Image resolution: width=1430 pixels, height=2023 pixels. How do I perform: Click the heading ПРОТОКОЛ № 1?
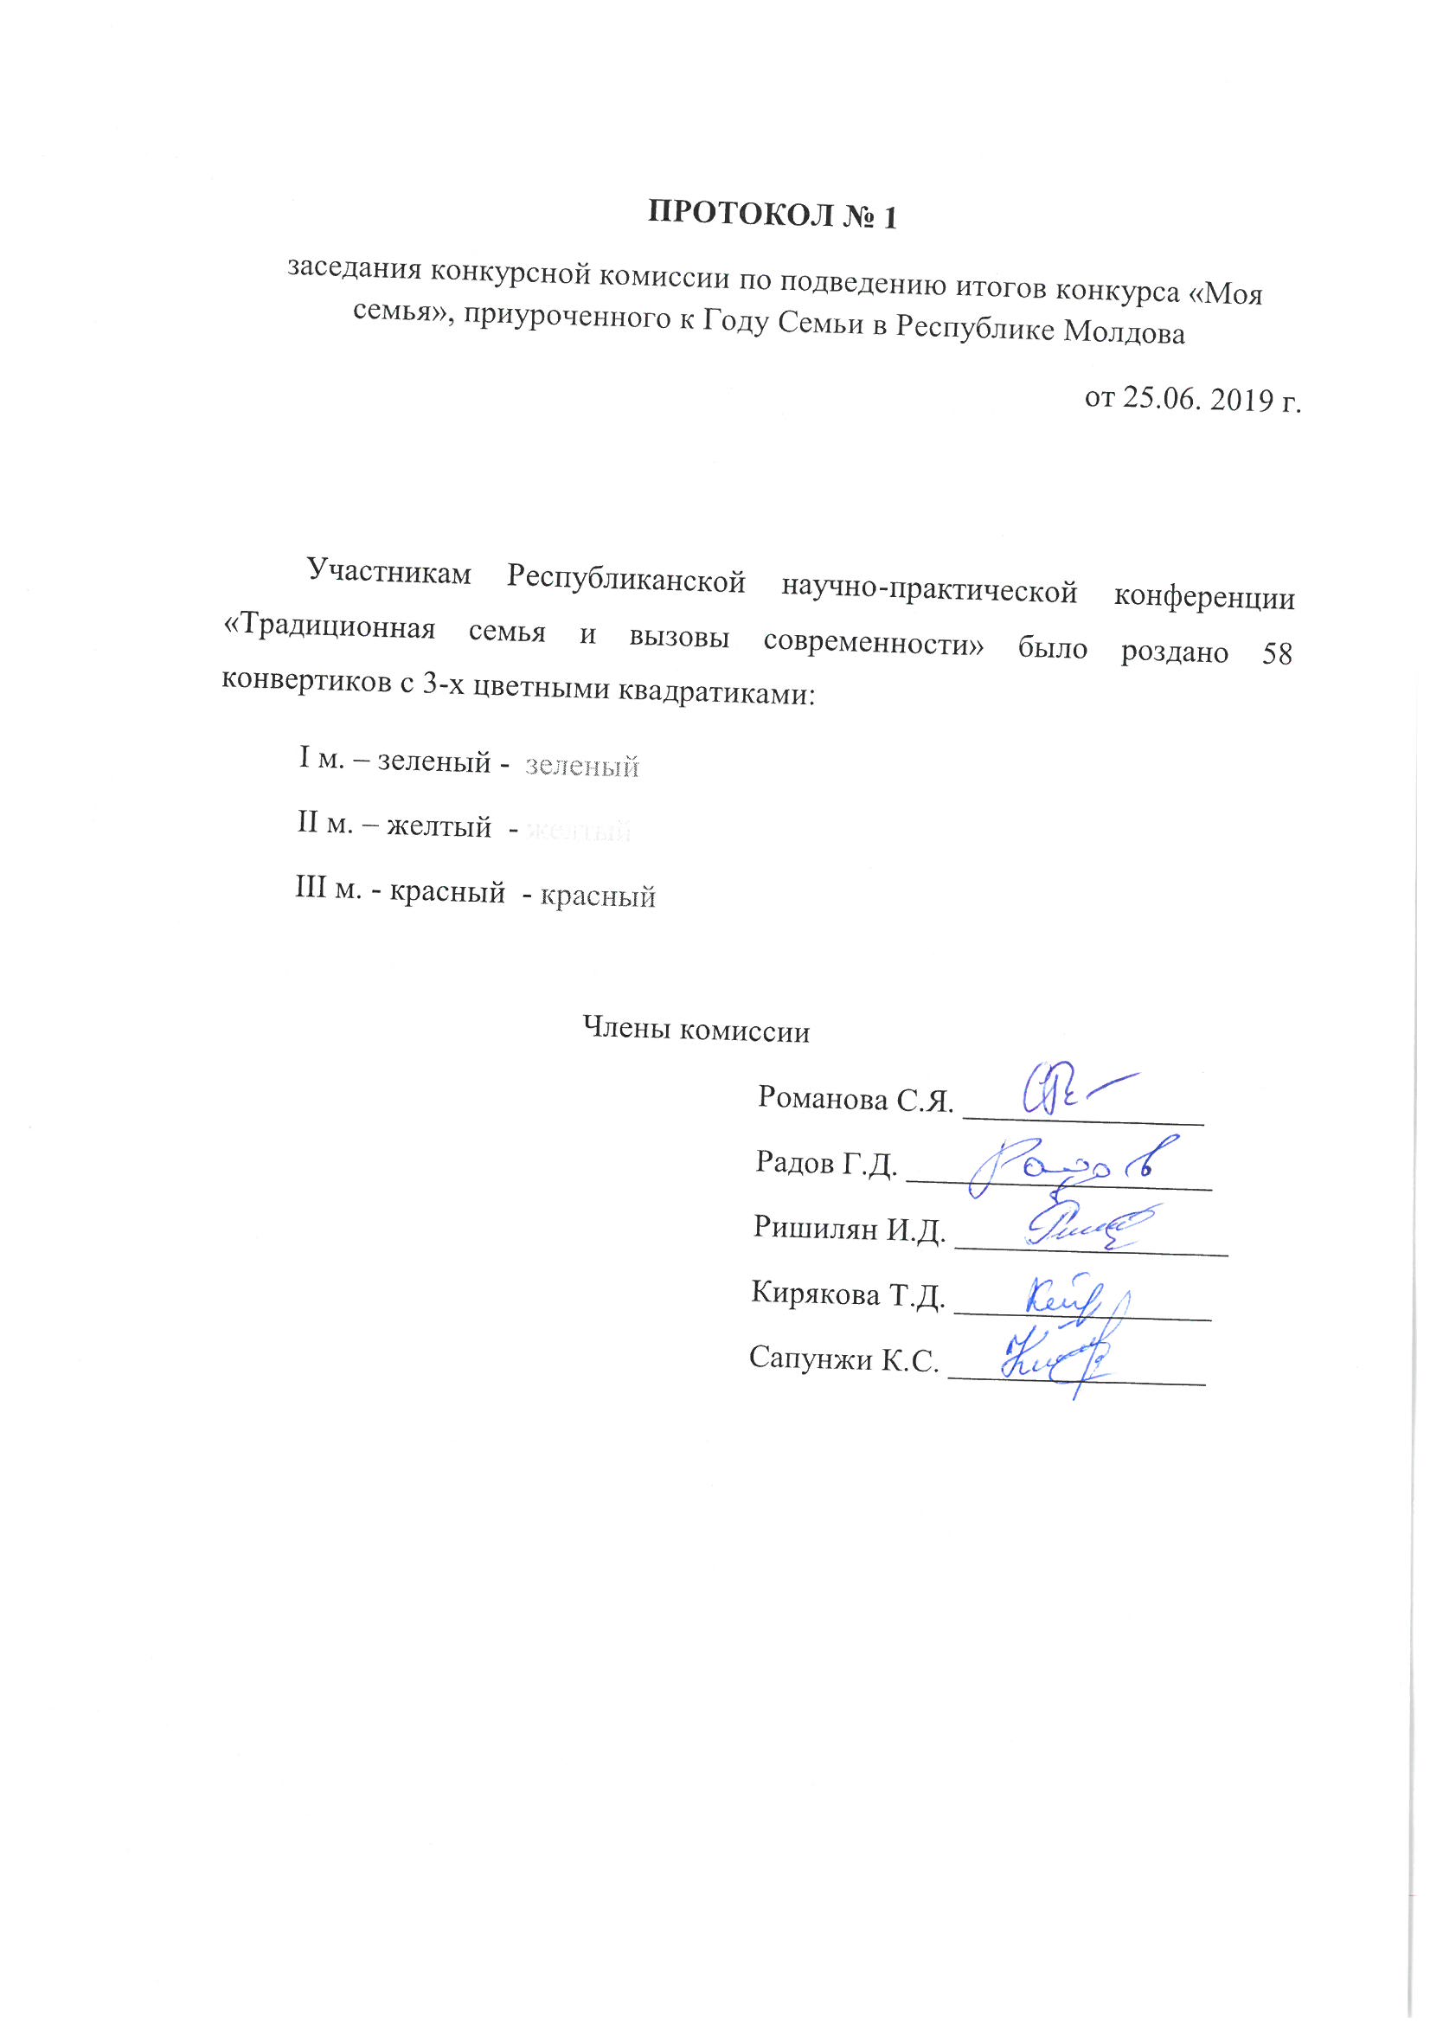tap(772, 215)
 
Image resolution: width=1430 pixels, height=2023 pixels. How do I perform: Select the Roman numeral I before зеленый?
tap(304, 758)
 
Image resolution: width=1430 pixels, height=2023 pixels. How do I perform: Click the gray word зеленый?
tap(581, 767)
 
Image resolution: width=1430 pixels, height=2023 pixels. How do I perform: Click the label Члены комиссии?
tap(696, 1031)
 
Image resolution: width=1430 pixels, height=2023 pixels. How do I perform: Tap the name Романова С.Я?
tap(856, 1100)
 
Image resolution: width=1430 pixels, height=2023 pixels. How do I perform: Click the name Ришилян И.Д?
tap(850, 1230)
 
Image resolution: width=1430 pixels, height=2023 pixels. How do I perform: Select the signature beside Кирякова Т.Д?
tap(1066, 1299)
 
